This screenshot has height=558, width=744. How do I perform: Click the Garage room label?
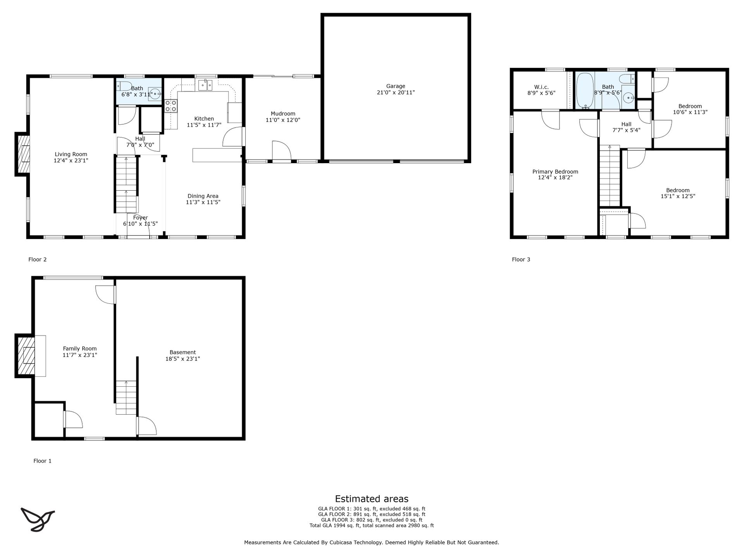(x=396, y=86)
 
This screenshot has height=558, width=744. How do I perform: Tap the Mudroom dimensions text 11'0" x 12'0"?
(x=283, y=120)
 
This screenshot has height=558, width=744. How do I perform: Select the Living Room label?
(x=71, y=154)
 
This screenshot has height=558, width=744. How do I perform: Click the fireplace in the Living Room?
(x=22, y=154)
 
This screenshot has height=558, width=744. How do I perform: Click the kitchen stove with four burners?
(x=171, y=106)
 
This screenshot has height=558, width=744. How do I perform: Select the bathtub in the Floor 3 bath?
(x=585, y=91)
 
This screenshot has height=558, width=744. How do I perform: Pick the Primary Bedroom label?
(x=555, y=172)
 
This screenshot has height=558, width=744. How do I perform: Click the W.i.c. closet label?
(x=541, y=87)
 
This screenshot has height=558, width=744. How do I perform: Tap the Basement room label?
(x=183, y=352)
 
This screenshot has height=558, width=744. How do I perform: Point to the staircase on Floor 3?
(x=610, y=176)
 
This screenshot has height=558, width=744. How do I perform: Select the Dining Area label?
(x=203, y=196)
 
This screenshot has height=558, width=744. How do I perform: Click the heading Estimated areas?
(x=372, y=499)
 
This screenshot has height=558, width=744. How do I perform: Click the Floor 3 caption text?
(x=521, y=260)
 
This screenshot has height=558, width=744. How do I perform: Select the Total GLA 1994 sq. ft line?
(x=372, y=526)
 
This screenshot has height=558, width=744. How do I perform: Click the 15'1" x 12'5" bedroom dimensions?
(x=678, y=196)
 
